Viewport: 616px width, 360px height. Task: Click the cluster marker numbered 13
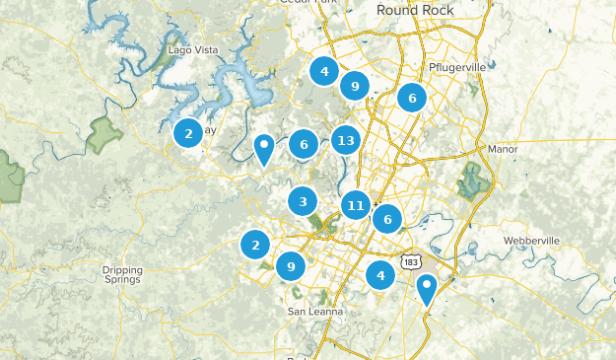pyautogui.click(x=344, y=140)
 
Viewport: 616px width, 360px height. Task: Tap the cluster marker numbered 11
pyautogui.click(x=356, y=205)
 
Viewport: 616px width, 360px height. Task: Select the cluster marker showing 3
pyautogui.click(x=303, y=201)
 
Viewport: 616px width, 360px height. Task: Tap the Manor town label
pyautogui.click(x=502, y=149)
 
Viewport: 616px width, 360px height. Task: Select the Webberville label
pyautogui.click(x=530, y=241)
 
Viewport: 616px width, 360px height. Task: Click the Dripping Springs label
pyautogui.click(x=122, y=274)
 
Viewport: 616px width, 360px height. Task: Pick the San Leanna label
pyautogui.click(x=315, y=312)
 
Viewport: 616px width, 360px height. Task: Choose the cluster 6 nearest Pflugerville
pyautogui.click(x=412, y=97)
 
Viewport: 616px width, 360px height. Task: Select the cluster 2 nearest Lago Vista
pyautogui.click(x=188, y=132)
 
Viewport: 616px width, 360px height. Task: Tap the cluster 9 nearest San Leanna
pyautogui.click(x=290, y=265)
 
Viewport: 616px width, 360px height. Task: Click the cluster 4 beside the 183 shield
pyautogui.click(x=380, y=275)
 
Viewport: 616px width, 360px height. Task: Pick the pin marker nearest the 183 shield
pyautogui.click(x=426, y=288)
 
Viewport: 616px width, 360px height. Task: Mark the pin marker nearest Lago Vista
pyautogui.click(x=263, y=148)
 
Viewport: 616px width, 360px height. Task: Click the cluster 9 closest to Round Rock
pyautogui.click(x=354, y=86)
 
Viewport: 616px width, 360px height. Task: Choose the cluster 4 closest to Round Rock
pyautogui.click(x=323, y=71)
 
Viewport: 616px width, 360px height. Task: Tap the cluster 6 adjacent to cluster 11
pyautogui.click(x=387, y=219)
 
